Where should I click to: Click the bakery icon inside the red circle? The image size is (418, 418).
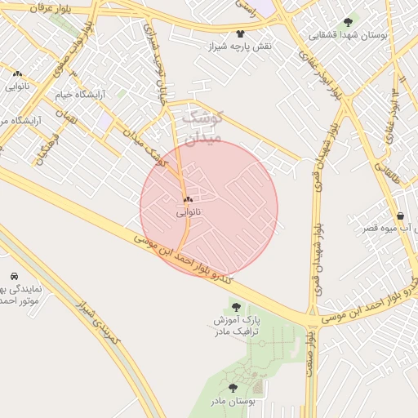pyautogui.click(x=188, y=199)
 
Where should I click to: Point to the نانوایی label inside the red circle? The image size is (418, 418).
pyautogui.click(x=188, y=211)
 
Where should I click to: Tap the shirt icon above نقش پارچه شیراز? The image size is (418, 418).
pyautogui.click(x=240, y=33)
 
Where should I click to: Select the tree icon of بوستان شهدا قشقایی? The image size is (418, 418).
pyautogui.click(x=349, y=23)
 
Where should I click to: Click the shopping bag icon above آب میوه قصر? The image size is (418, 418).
pyautogui.click(x=400, y=216)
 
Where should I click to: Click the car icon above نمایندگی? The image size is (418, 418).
pyautogui.click(x=15, y=276)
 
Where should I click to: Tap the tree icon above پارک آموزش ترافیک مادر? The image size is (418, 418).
pyautogui.click(x=236, y=307)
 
